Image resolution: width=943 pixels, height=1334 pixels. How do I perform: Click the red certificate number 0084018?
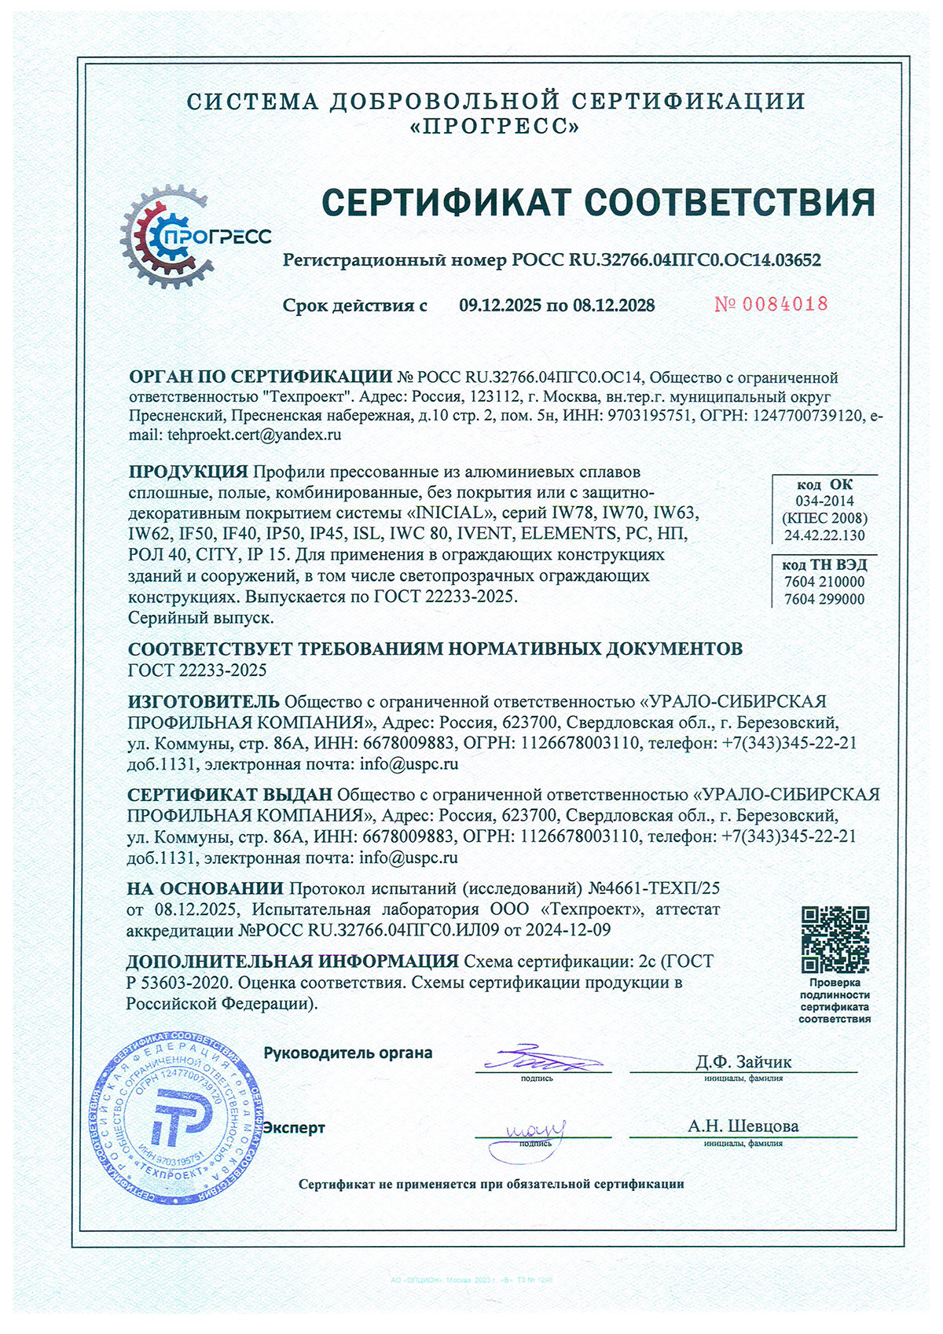tap(771, 304)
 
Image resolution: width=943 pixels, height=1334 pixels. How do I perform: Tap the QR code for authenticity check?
tap(835, 939)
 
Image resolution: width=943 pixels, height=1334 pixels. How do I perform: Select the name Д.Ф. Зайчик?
tap(743, 1062)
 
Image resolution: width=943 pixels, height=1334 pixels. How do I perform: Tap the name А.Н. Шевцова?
tap(743, 1126)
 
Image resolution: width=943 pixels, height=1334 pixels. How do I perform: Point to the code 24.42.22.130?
tap(824, 535)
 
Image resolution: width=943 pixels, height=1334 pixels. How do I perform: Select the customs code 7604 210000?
tap(824, 582)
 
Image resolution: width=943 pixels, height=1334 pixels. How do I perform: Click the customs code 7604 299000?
tap(824, 599)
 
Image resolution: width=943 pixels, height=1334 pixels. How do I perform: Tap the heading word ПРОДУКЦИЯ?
tap(189, 472)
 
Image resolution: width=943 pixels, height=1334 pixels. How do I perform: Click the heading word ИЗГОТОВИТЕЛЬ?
tap(204, 701)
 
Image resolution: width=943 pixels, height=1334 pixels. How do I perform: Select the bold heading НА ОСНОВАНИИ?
tap(205, 888)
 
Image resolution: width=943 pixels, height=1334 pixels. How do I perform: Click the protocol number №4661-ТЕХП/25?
tap(654, 888)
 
